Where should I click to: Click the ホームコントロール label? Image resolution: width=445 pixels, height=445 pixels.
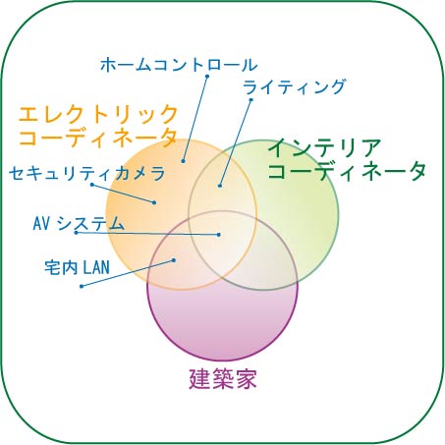179,65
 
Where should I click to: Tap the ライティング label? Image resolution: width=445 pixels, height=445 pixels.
294,87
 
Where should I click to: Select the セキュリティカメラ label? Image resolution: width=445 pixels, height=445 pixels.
87,173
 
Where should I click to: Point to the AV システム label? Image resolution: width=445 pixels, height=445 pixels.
79,223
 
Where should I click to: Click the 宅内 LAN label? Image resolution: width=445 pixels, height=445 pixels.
78,267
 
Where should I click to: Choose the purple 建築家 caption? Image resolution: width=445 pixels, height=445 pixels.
223,378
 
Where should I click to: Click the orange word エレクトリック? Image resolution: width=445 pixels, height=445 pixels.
98,114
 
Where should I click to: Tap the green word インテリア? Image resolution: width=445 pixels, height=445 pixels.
325,148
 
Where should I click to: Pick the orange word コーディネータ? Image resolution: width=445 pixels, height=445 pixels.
98,137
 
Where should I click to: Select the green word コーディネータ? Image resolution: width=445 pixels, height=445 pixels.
347,171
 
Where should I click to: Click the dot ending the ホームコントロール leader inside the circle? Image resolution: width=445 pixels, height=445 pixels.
183,161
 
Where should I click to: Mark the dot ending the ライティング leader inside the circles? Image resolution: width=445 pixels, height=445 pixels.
220,186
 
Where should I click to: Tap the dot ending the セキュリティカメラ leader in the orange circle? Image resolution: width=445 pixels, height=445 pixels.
154,202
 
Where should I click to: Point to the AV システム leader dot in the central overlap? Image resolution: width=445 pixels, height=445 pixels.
219,235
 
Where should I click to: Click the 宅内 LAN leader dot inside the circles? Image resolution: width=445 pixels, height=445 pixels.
174,260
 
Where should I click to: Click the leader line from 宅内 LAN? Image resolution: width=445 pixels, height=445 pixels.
128,273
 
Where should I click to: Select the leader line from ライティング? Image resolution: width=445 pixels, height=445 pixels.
236,142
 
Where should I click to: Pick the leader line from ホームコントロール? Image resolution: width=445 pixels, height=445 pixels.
195,119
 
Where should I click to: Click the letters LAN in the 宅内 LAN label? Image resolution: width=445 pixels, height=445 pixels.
96,267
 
